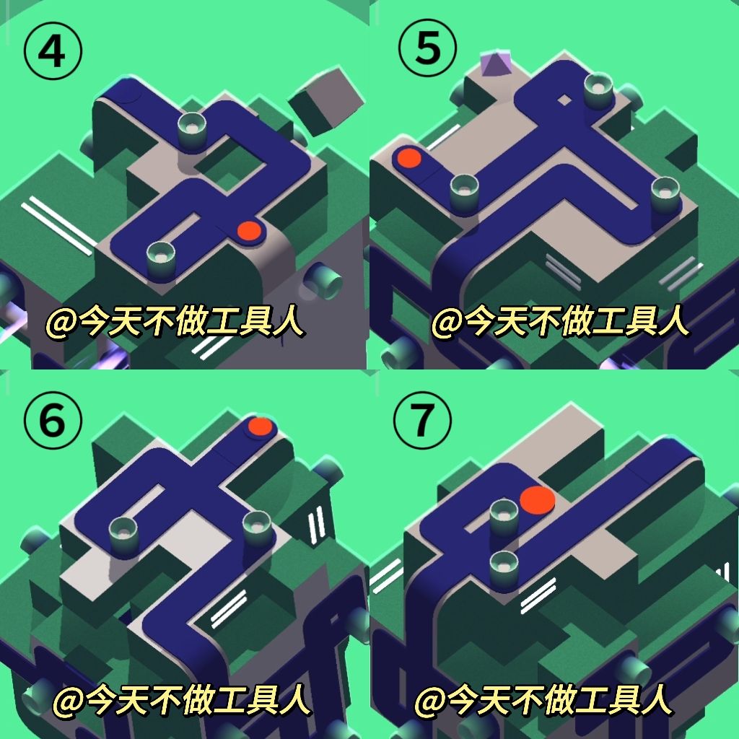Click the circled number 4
coord(52,51)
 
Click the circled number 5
coord(427,48)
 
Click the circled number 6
coord(52,420)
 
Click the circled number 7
coord(422,419)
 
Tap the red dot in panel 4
coord(249,231)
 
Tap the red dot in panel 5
coord(409,158)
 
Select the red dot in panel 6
coord(260,427)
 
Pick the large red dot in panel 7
coord(537,499)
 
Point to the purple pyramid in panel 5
coord(495,64)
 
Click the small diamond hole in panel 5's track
coord(564,100)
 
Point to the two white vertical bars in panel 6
coord(317,525)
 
